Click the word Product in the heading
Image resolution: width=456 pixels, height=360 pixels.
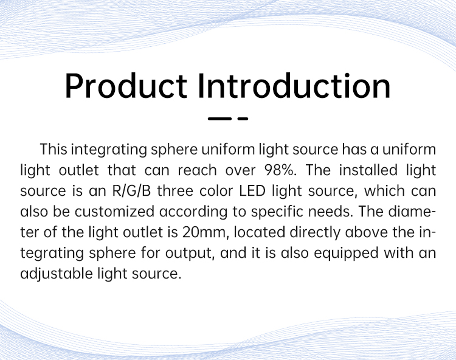126,86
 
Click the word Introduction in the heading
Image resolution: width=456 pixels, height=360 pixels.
294,86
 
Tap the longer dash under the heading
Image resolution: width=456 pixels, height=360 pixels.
219,119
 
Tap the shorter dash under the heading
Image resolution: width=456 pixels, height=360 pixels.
243,119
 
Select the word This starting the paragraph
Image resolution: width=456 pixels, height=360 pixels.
54,150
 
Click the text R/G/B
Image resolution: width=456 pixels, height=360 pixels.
131,191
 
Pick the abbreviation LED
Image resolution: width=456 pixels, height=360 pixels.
252,191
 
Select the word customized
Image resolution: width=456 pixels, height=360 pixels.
114,212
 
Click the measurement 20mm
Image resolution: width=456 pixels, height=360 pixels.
204,233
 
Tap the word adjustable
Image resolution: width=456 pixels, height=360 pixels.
57,274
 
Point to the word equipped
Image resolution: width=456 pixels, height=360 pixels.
347,254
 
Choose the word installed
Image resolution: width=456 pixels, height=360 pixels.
368,170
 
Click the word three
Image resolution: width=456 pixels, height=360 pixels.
175,191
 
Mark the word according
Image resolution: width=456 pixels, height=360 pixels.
193,212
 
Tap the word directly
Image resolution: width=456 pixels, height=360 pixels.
315,233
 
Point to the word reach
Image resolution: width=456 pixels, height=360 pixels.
198,170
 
